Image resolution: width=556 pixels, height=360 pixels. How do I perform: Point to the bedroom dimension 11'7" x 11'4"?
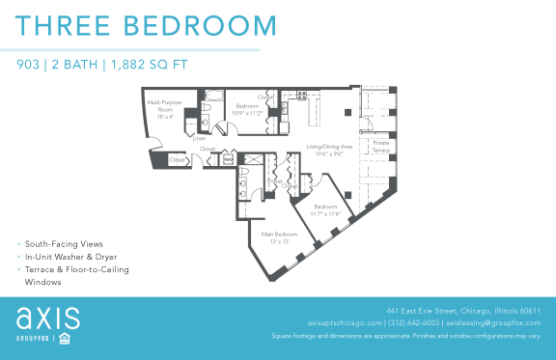coord(325,213)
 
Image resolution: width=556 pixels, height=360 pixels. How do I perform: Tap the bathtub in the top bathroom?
coord(214,97)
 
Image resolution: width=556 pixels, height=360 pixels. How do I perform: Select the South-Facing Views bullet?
coord(65,244)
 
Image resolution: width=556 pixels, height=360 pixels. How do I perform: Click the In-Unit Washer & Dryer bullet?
coord(71,257)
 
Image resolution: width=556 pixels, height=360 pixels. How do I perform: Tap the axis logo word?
coord(47,318)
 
